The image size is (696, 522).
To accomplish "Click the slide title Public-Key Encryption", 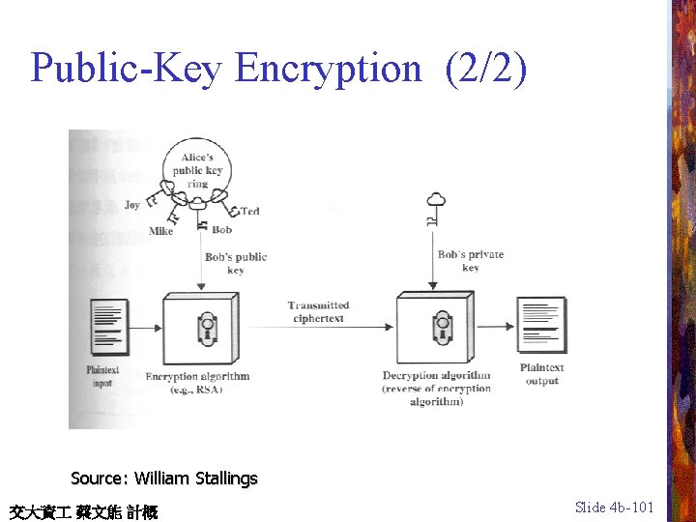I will (226, 69).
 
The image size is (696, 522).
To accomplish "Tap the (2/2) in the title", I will (486, 69).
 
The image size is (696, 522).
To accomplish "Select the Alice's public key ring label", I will (198, 170).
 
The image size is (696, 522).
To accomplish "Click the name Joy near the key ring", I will (132, 204).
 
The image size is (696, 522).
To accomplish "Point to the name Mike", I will (161, 231).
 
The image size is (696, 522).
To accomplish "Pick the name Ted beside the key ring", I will (250, 211).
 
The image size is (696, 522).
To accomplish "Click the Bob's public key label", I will (236, 263).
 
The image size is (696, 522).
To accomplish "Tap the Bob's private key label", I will (471, 261).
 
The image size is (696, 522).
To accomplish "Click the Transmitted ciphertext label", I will (318, 311).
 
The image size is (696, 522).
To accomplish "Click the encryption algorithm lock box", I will (201, 329).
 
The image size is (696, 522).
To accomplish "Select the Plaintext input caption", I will (102, 376).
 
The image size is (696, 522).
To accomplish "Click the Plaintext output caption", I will (541, 374).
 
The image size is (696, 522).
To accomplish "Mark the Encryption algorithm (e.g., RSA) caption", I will (197, 382).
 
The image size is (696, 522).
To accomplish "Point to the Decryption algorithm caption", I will (436, 388).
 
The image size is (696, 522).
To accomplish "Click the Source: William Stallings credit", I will (164, 478).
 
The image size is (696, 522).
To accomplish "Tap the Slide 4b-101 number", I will (614, 507).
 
